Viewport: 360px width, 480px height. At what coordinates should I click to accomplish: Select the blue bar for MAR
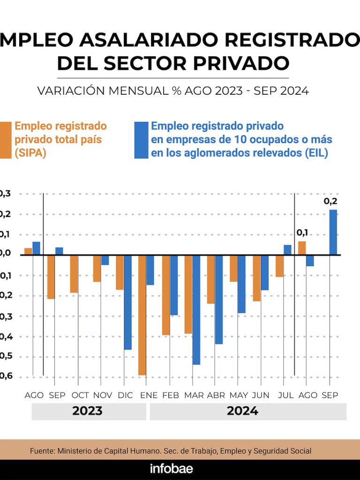pos(196,310)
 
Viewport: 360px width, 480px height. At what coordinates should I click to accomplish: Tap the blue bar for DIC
pos(128,302)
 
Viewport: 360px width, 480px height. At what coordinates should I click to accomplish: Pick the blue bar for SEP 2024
pos(333,232)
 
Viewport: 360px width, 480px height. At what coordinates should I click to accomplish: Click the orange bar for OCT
pos(74,274)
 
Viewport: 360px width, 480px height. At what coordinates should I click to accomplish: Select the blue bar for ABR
pos(219,300)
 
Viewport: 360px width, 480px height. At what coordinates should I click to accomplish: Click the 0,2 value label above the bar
pos(330,202)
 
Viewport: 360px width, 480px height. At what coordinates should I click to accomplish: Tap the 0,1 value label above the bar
pos(302,232)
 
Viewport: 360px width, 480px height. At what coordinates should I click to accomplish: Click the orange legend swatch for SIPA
pos(5,140)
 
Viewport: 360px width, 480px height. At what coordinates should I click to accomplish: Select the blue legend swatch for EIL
pos(141,140)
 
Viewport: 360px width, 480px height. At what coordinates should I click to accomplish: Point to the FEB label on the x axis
pos(171,396)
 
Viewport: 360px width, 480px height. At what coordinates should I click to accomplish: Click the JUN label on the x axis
pos(261,396)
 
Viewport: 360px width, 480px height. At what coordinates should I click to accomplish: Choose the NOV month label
pos(103,396)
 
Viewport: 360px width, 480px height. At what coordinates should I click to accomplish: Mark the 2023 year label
pos(87,412)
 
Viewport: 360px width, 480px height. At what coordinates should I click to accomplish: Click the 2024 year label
pos(242,412)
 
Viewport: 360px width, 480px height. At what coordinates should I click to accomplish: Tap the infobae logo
pos(172,469)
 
